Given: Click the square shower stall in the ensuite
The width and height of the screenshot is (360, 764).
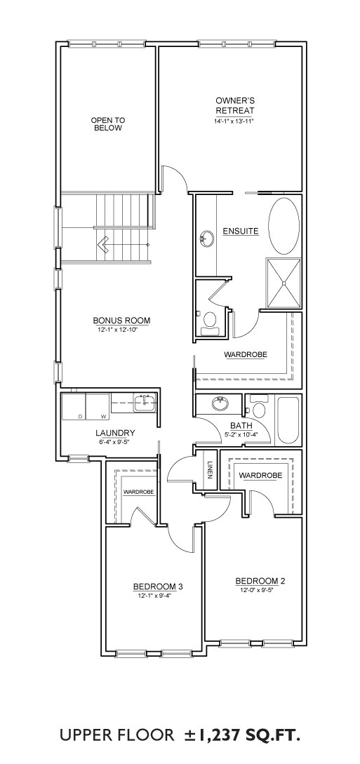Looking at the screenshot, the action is tap(284, 283).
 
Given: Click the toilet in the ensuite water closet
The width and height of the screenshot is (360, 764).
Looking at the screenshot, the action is tap(209, 323).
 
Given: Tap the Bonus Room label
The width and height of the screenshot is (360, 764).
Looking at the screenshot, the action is tap(121, 321).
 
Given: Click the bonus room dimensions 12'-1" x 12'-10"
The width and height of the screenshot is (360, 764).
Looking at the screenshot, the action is tap(121, 330).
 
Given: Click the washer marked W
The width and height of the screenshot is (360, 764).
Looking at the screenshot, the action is tap(98, 406).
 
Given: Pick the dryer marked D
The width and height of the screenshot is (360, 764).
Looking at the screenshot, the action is tap(74, 406).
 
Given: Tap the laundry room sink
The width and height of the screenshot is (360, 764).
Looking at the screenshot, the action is tap(145, 403).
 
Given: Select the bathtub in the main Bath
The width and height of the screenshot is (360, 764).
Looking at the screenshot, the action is tap(288, 420).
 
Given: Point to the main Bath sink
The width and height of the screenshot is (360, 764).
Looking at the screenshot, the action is tap(220, 404).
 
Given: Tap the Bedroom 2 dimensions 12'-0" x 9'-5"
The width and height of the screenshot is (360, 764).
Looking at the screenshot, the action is tap(260, 590).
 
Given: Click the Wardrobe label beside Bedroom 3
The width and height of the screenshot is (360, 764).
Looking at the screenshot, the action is tap(139, 492).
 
